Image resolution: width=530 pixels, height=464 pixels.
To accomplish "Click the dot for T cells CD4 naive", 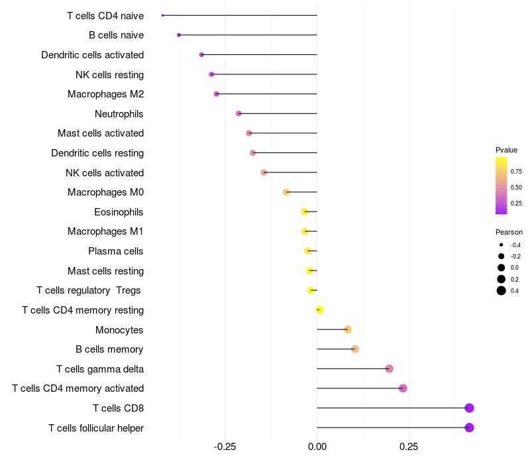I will [x=162, y=15].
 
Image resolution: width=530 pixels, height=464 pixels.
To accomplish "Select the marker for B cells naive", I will [x=179, y=35].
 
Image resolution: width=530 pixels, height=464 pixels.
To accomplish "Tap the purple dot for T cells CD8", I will [x=469, y=408].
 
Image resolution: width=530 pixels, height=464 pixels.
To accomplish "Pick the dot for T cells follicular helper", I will [x=469, y=428].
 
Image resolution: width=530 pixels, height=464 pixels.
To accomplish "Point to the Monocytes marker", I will [x=348, y=329].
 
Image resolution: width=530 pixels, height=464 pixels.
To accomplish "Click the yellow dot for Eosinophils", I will [x=305, y=211].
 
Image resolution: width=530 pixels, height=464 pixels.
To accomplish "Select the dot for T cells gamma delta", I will [x=389, y=369].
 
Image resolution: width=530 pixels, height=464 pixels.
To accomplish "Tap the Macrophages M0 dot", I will [x=286, y=192].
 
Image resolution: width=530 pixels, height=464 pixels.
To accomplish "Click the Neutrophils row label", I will [x=119, y=114].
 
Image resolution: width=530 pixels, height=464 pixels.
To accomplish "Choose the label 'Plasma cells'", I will [x=116, y=251].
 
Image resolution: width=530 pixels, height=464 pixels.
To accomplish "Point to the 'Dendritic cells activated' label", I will [x=93, y=55].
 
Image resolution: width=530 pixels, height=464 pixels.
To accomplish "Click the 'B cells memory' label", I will [x=110, y=349].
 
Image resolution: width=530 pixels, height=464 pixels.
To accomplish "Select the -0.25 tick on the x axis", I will [x=225, y=447].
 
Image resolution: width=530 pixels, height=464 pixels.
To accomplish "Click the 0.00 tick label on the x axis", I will [x=317, y=447].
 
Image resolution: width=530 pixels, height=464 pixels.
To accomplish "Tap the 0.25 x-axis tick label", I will [x=409, y=447].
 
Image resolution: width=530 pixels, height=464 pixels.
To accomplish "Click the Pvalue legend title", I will [x=506, y=150].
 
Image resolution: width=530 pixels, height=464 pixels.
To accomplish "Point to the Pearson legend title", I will [x=509, y=232].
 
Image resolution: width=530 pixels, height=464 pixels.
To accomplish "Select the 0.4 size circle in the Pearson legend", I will [x=502, y=290].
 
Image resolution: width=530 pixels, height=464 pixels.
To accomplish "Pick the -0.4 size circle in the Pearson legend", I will [x=502, y=245].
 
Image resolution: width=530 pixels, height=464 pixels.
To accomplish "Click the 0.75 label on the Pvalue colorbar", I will [x=516, y=171].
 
